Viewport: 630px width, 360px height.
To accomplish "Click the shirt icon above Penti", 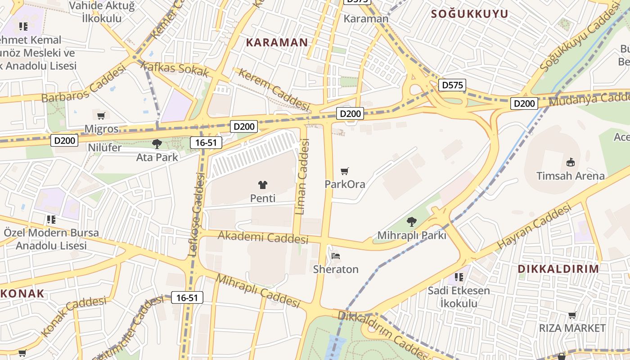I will click(263, 184).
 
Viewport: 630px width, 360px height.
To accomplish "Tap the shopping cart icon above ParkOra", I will click(345, 171).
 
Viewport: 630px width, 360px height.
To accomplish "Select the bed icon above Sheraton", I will click(336, 256).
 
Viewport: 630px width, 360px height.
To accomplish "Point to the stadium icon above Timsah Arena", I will click(571, 162).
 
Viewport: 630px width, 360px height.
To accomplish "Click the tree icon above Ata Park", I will click(157, 144).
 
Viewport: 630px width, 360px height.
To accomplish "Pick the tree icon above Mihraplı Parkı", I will click(411, 221).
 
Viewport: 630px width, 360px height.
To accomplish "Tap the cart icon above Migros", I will click(101, 116).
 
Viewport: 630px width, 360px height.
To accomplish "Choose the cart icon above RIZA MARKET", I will click(572, 315).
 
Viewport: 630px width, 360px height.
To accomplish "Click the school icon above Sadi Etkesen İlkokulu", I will click(459, 277).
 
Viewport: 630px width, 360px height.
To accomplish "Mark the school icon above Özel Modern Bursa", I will click(51, 220).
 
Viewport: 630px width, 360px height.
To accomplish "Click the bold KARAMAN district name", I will click(277, 43).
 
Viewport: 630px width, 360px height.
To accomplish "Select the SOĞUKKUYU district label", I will click(469, 14).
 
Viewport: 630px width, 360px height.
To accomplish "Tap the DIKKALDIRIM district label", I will click(558, 269).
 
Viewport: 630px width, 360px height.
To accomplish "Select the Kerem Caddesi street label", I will click(274, 89).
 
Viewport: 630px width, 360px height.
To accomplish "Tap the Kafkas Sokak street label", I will click(175, 69).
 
